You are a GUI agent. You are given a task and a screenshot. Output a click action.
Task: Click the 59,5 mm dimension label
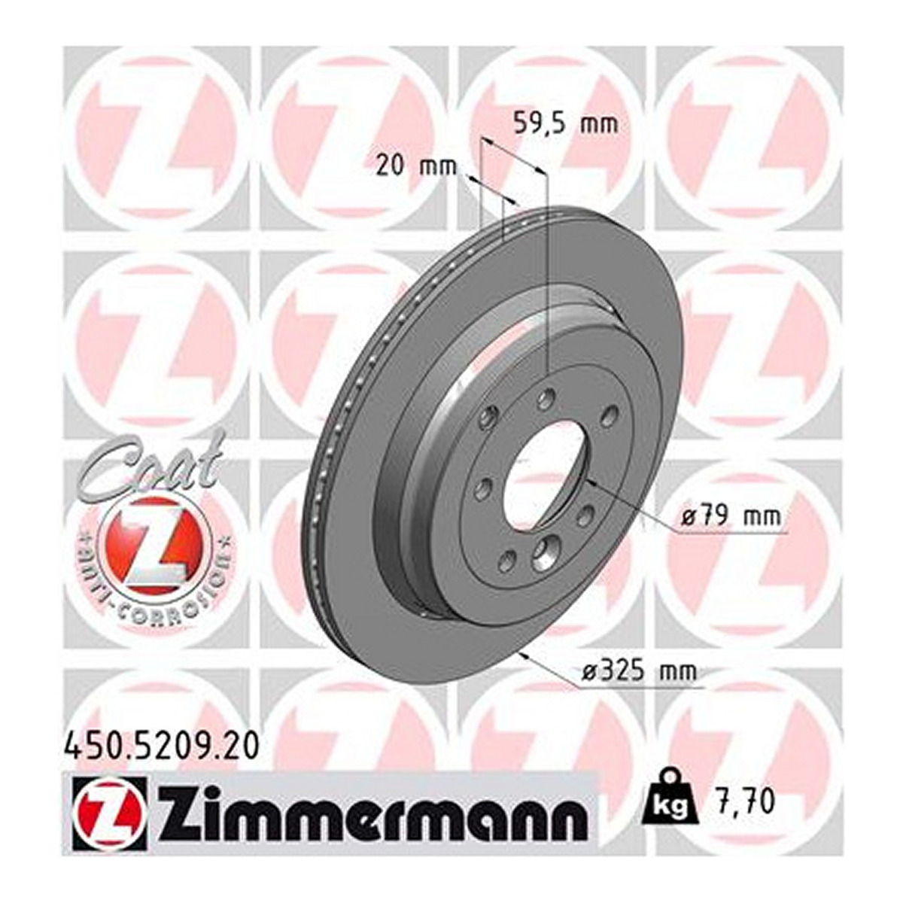click(566, 125)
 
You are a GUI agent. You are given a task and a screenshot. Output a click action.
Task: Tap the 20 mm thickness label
click(417, 167)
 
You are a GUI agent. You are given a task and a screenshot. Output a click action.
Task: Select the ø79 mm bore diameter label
click(730, 516)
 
